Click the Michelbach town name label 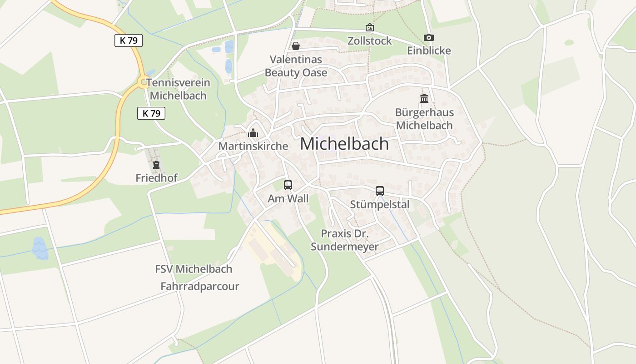tap(344, 144)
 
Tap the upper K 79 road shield tap(129, 40)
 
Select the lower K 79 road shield tap(151, 113)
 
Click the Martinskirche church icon tap(253, 133)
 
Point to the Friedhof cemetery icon tap(156, 165)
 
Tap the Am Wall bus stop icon tap(288, 185)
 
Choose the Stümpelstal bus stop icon tap(380, 191)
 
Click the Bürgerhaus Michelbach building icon tap(424, 98)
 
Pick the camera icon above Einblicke tap(428, 37)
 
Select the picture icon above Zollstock tap(370, 27)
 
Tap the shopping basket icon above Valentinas tap(296, 46)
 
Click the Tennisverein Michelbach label tap(178, 89)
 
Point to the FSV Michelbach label tap(194, 269)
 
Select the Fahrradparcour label tap(200, 286)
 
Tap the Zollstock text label tap(369, 41)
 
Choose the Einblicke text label tap(429, 51)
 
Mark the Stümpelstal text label tap(380, 205)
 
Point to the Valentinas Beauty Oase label tap(296, 66)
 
